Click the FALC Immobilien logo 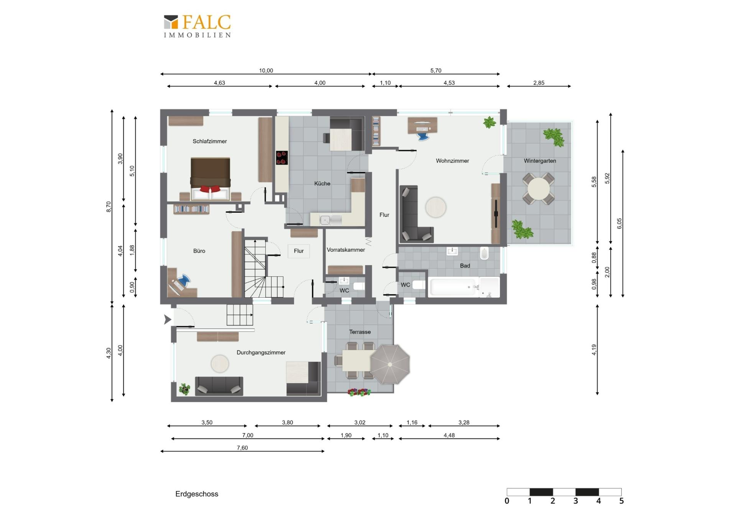coord(197,26)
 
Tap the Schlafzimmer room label coord(210,141)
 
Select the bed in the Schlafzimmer coord(210,179)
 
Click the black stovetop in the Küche coord(282,158)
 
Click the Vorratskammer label coord(346,250)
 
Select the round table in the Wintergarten coord(539,189)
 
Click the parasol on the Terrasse coord(390,364)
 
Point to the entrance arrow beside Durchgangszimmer coord(168,319)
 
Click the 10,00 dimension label coord(266,71)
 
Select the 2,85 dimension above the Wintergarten coord(539,83)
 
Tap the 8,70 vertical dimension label coord(109,207)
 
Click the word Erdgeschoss coord(197,494)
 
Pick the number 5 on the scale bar coord(621,501)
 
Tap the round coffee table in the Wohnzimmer coord(436,207)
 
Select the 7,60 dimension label coord(242,448)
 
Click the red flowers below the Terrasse coord(359,392)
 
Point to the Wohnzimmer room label coord(452,161)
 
